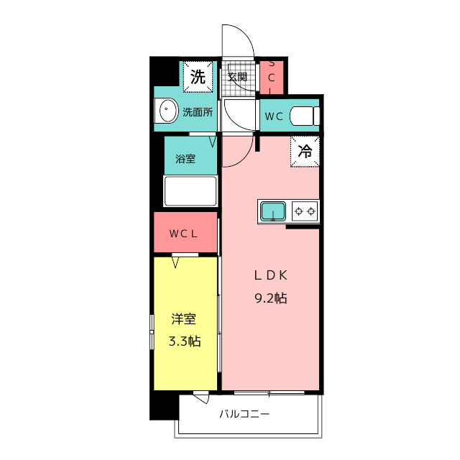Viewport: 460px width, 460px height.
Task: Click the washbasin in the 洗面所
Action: click(x=167, y=111)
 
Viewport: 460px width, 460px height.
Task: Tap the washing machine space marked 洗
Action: click(x=198, y=77)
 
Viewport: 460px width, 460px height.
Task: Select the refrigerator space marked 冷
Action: click(x=305, y=152)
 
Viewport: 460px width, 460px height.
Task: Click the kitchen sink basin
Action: click(x=273, y=211)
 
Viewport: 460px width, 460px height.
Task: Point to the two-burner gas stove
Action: click(x=305, y=211)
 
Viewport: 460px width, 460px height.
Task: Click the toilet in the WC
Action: click(x=305, y=116)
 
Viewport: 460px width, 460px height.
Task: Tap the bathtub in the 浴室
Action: click(x=190, y=191)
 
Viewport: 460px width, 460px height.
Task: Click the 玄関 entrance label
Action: click(x=238, y=77)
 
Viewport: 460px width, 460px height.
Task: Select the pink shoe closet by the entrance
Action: click(x=272, y=78)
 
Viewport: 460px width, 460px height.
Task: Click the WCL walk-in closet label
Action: click(x=183, y=234)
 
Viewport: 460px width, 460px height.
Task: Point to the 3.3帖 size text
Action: click(x=185, y=341)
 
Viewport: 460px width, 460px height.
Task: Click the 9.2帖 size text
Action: click(x=271, y=298)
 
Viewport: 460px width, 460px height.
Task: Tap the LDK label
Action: click(x=270, y=275)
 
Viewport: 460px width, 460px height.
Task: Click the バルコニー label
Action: click(x=244, y=414)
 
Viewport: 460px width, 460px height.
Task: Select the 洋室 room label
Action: click(x=184, y=319)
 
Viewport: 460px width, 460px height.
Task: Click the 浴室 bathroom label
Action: click(x=185, y=159)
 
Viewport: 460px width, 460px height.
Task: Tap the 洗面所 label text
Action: click(x=198, y=112)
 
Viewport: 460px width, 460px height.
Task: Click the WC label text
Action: click(x=274, y=116)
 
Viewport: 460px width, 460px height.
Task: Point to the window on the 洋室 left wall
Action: click(x=152, y=332)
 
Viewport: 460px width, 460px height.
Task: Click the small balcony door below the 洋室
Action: click(x=201, y=397)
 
